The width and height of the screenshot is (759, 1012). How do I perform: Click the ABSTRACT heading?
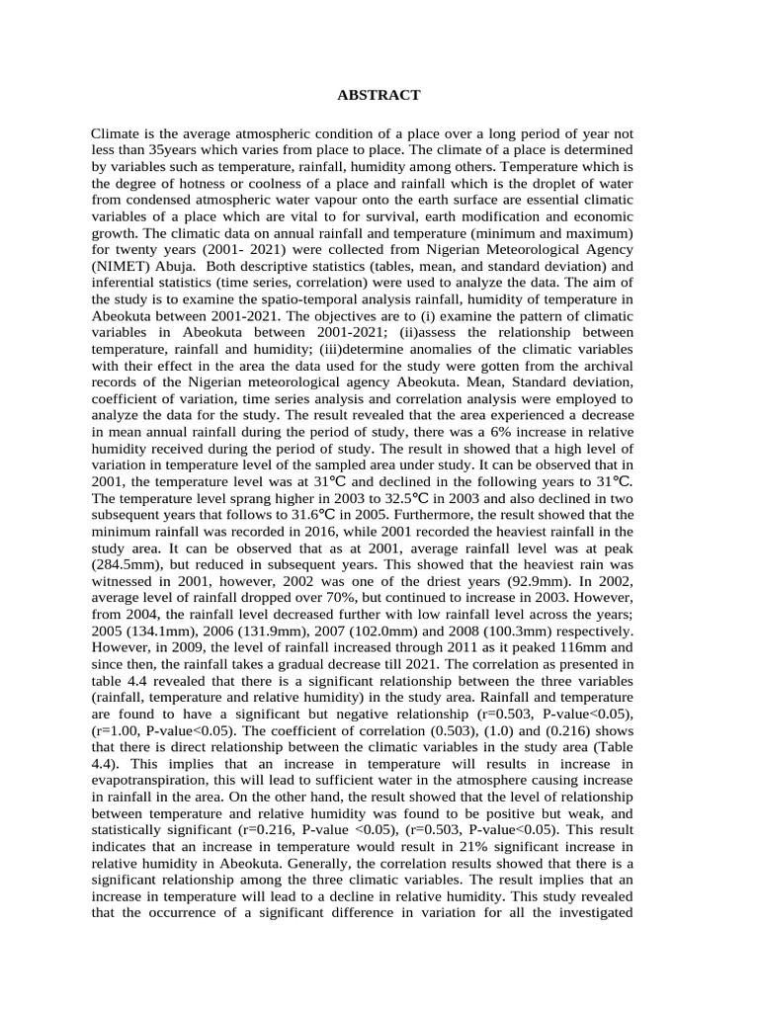pyautogui.click(x=379, y=95)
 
